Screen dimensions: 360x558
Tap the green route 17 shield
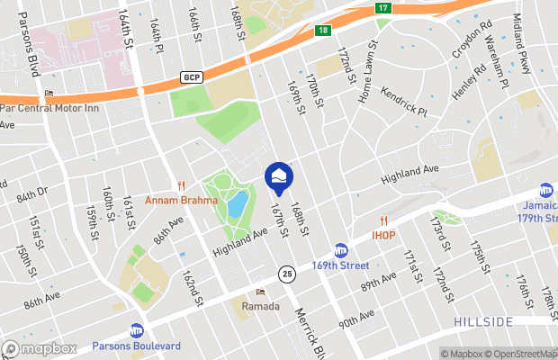[384, 8]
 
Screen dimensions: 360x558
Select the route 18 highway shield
[323, 31]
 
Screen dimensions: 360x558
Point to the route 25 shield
[287, 272]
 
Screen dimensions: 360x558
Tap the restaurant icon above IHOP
[383, 220]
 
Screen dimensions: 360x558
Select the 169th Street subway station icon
[341, 249]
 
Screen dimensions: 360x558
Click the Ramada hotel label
[261, 305]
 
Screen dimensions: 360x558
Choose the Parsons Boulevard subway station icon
[136, 330]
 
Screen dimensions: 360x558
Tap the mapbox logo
[40, 348]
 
